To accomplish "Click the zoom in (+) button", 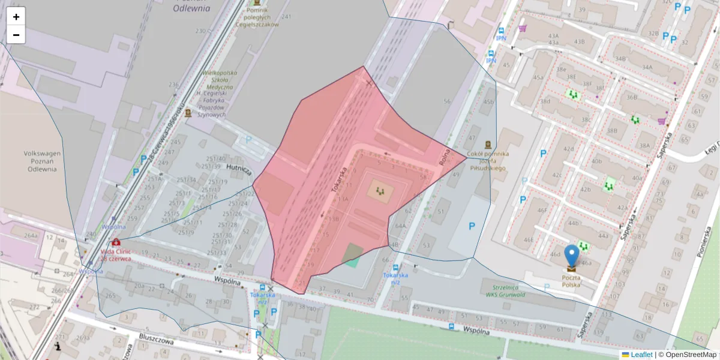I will pos(16,17).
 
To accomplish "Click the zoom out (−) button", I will pos(16,35).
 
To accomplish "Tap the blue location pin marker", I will pos(572,255).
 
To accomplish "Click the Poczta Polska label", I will pos(571,281).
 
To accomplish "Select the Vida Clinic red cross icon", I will pos(115,242).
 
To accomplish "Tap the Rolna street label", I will pos(445,154).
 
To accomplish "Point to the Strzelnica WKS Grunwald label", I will pos(502,290).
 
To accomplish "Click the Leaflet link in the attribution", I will pos(641,355).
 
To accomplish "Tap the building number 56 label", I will pos(446,101).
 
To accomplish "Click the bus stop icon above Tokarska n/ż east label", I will pos(395,266).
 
